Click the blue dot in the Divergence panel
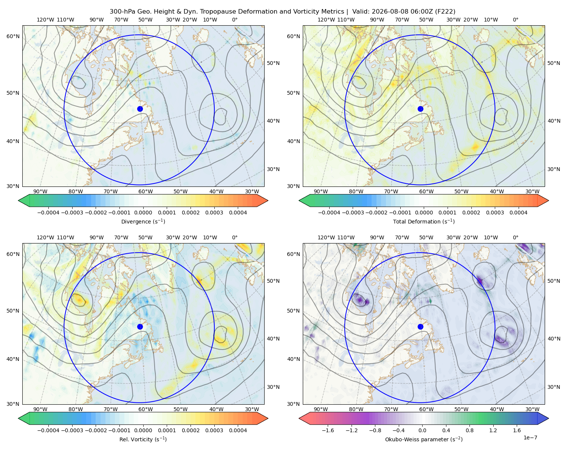click(140, 109)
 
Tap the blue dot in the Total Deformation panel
click(420, 109)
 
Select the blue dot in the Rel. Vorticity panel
click(140, 327)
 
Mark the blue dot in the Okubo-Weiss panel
click(420, 327)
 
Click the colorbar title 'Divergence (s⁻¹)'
click(143, 222)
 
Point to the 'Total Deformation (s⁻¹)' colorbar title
click(424, 222)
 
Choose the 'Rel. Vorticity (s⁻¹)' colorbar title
click(143, 439)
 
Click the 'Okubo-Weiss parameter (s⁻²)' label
click(424, 439)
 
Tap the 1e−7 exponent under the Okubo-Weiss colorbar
click(530, 438)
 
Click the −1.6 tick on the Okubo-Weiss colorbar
click(328, 430)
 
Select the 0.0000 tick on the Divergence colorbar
click(143, 213)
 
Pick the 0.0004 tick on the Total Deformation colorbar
click(518, 213)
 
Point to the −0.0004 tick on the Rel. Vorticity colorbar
click(48, 430)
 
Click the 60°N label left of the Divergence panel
click(13, 36)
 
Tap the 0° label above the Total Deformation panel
click(515, 20)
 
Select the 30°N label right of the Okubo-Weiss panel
click(554, 387)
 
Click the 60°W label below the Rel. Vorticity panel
click(146, 409)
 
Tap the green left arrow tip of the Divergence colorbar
click(19, 200)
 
